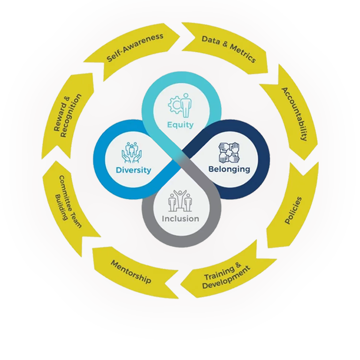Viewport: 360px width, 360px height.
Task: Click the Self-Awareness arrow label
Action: [135, 47]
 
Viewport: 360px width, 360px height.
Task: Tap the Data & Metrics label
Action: [229, 48]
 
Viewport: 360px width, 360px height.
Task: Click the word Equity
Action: [181, 125]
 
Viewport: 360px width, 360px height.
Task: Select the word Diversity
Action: [134, 170]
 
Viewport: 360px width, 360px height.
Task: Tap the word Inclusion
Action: [180, 219]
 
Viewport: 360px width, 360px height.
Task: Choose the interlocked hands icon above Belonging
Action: [229, 152]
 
